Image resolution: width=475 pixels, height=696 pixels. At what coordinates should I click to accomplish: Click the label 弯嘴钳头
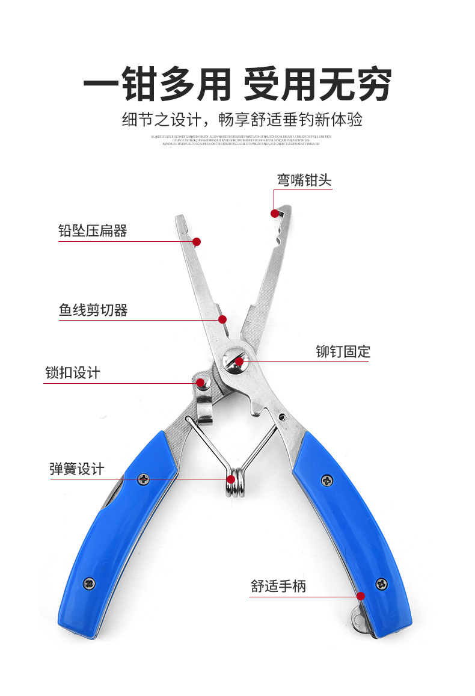304,180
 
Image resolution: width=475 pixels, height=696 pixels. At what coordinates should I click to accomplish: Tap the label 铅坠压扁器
93,231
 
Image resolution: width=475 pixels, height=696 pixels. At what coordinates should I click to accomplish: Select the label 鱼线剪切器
93,310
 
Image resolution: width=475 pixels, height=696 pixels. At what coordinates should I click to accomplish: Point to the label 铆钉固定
343,351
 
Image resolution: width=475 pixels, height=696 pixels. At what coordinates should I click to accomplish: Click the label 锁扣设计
73,372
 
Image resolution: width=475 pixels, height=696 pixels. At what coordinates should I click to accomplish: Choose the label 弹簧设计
77,469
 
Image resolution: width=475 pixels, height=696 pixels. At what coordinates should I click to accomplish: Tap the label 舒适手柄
278,585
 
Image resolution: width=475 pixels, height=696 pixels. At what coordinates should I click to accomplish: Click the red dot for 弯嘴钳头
275,213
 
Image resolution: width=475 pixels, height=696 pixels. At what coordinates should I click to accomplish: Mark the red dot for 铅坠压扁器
197,242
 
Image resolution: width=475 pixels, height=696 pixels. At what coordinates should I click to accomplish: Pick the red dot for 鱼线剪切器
222,319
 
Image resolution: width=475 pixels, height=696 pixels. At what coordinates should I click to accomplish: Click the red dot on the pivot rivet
239,362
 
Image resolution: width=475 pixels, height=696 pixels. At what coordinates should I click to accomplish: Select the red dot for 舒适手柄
361,596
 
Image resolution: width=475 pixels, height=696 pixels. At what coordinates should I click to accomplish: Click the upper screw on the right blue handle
326,480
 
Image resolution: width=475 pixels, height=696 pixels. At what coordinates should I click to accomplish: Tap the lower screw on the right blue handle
381,583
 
